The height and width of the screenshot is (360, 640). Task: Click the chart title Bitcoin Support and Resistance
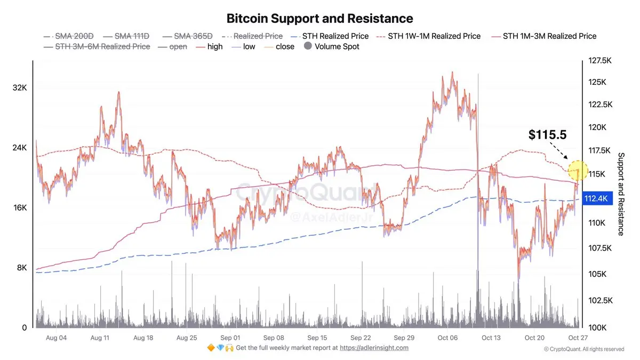319,19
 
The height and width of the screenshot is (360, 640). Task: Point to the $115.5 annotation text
547,135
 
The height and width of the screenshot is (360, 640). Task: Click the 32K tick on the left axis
19,87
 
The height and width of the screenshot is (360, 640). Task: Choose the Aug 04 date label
56,338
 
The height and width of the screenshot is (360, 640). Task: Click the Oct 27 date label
578,338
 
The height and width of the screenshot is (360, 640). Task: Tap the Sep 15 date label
317,338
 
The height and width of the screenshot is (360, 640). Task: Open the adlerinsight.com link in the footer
374,348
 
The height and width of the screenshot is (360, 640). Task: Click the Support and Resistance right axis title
621,194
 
